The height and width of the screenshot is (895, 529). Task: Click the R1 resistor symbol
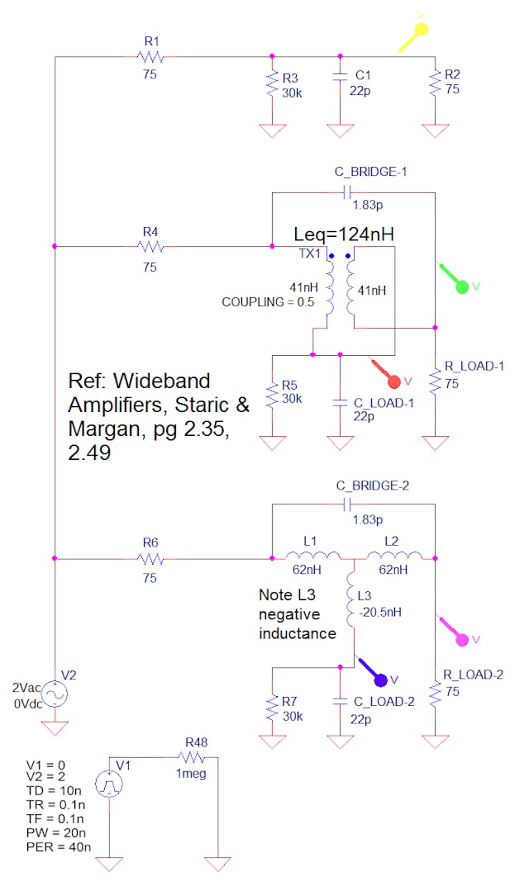point(150,57)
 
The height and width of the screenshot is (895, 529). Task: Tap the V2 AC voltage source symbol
point(55,694)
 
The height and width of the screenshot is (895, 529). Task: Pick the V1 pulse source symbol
point(109,783)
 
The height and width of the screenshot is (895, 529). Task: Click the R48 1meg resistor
point(192,757)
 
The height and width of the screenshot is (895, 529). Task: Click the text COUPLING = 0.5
point(267,301)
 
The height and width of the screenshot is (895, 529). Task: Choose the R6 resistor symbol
point(150,559)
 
